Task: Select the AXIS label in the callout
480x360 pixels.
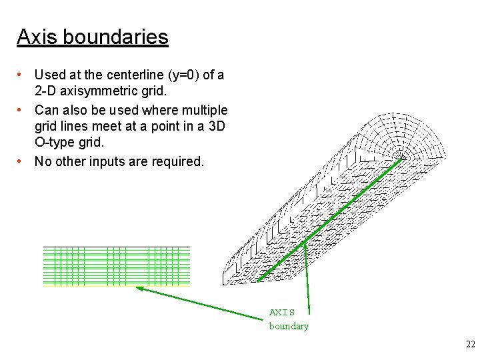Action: click(x=281, y=312)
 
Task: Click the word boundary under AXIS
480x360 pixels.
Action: click(x=289, y=326)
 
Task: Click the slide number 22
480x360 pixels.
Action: click(x=471, y=344)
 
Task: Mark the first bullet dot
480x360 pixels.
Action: click(x=21, y=75)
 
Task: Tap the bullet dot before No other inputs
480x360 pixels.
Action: click(x=21, y=161)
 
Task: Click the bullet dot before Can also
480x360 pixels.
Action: click(x=21, y=110)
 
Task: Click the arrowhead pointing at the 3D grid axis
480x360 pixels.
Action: click(x=305, y=245)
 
